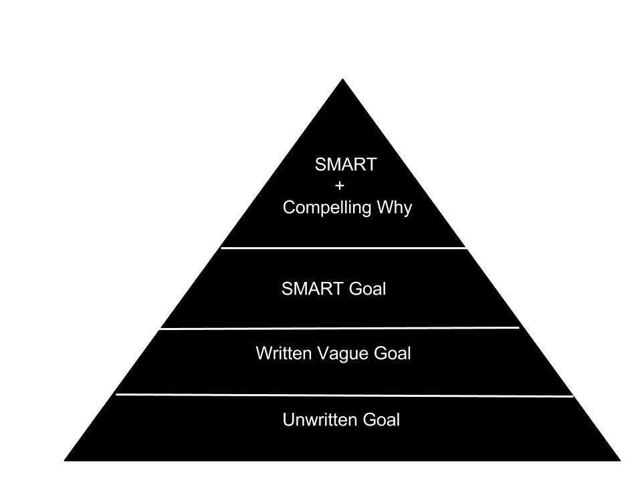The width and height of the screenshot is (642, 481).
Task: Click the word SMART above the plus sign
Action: click(345, 165)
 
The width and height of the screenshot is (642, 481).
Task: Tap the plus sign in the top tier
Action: click(339, 186)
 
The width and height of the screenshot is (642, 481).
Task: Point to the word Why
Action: click(395, 208)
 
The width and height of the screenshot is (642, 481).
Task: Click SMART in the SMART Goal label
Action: click(312, 289)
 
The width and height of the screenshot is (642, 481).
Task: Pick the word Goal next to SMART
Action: click(367, 289)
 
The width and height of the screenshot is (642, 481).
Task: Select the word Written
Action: click(284, 353)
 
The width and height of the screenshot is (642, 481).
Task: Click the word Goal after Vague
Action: click(392, 353)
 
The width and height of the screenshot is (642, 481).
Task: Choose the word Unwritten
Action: click(320, 420)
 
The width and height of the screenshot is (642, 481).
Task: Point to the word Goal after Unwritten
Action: click(381, 420)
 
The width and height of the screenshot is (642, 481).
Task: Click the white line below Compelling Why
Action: click(344, 248)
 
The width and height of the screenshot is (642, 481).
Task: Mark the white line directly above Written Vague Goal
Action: click(339, 328)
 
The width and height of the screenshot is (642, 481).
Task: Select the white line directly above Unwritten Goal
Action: click(344, 395)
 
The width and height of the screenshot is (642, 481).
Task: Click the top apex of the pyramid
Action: click(343, 81)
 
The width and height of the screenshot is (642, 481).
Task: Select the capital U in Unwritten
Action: click(288, 420)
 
